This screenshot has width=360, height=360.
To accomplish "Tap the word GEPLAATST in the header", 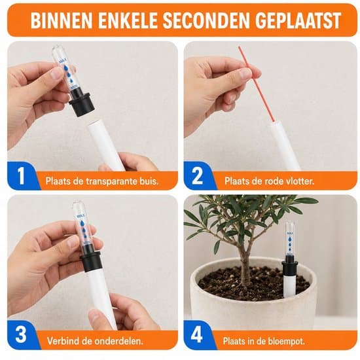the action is (298, 20).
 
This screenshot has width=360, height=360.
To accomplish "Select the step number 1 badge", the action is (21, 176).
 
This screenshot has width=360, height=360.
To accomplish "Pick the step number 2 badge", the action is (198, 176).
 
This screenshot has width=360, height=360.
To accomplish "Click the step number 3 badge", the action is (21, 334).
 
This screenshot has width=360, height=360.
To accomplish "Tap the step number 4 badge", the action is (197, 334).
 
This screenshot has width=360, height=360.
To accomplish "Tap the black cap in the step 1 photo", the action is (81, 101).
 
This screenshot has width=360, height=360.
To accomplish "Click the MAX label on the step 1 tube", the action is (63, 61).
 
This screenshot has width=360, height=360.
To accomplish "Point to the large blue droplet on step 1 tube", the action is (66, 67).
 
